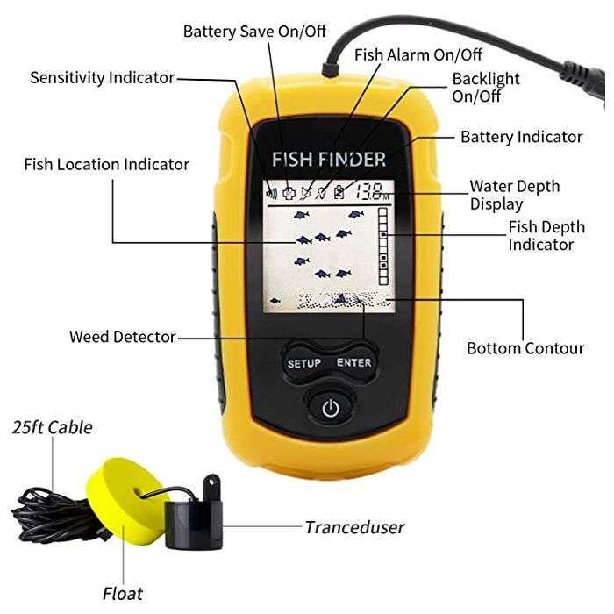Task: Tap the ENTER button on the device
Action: [x=353, y=362]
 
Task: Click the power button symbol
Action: [x=331, y=408]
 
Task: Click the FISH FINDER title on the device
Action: [x=329, y=160]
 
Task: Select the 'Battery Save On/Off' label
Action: [x=254, y=32]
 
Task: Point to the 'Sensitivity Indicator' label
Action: [x=102, y=77]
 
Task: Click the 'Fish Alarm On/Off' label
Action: [x=418, y=54]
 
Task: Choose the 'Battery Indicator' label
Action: [x=522, y=137]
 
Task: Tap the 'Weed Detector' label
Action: [x=123, y=337]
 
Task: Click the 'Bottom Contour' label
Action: [x=525, y=348]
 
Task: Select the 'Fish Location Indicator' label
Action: [x=106, y=165]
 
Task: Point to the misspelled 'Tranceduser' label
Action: [x=354, y=527]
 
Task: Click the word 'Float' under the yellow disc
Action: [x=123, y=594]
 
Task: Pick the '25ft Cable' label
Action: [x=53, y=428]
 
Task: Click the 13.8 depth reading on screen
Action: [x=369, y=192]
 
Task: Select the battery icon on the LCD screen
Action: [x=339, y=193]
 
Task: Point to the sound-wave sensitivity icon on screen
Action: [x=271, y=193]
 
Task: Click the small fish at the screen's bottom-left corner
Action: [x=275, y=301]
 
